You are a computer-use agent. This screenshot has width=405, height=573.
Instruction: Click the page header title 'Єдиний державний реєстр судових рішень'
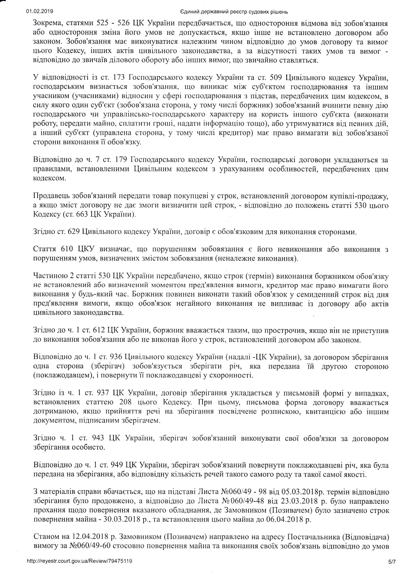(234, 12)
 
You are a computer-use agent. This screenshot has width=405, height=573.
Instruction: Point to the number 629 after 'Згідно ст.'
(74, 232)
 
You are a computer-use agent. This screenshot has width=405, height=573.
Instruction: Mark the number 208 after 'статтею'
(125, 402)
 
